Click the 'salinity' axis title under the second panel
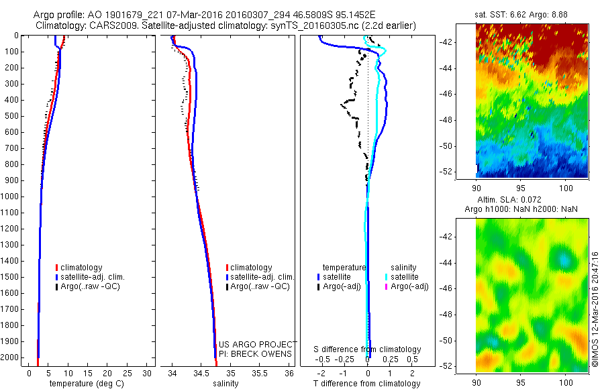tap(225, 384)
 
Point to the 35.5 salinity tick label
tap(259, 373)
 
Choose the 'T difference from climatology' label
tap(367, 384)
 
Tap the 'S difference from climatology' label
tap(367, 349)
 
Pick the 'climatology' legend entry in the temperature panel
tap(81, 268)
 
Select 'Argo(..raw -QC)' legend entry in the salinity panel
tap(260, 286)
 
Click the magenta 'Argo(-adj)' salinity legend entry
tap(409, 286)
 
